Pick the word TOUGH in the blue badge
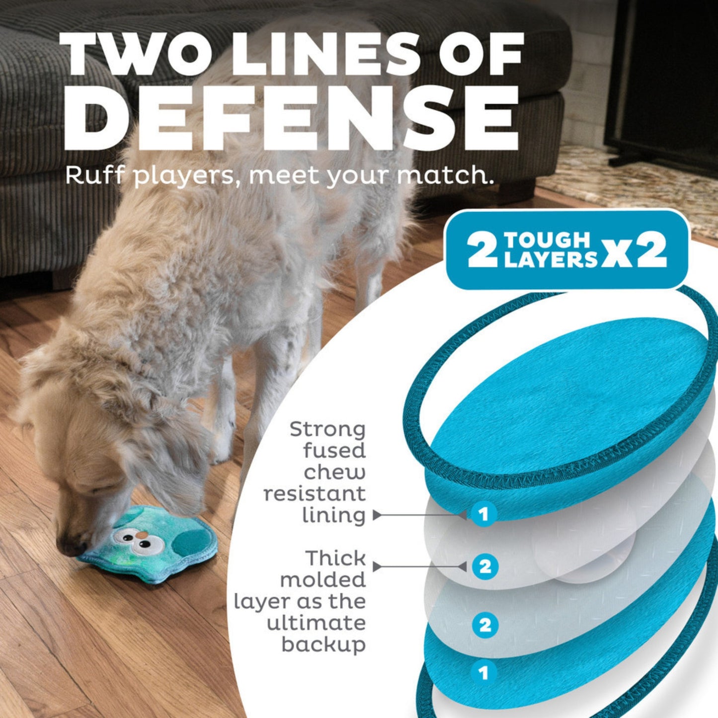point(547,240)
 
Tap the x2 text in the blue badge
point(635,251)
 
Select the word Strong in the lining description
point(327,429)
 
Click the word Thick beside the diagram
point(335,558)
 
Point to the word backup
point(323,645)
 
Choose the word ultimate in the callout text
point(316,623)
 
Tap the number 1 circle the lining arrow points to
point(483,514)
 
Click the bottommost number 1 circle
point(483,673)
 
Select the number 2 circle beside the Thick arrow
point(485,566)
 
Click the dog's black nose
point(70,547)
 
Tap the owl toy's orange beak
point(143,535)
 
